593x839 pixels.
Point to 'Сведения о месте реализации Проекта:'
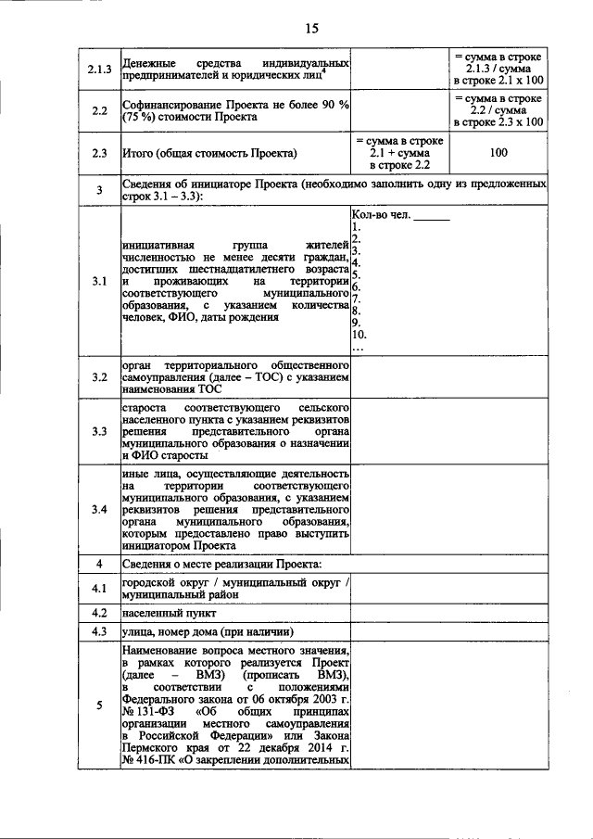point(221,564)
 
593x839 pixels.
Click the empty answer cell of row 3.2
point(448,378)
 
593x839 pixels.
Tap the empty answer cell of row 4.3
point(448,632)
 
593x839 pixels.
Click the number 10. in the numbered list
point(360,335)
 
